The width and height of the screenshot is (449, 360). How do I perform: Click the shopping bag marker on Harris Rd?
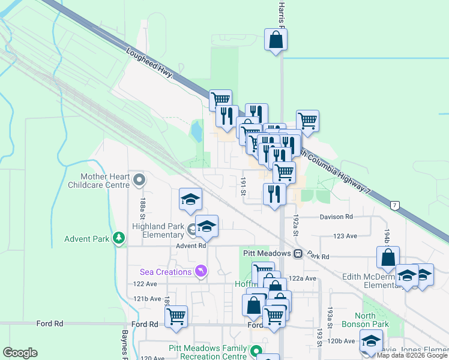pyautogui.click(x=276, y=40)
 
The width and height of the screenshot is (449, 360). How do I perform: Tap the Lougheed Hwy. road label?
pyautogui.click(x=150, y=63)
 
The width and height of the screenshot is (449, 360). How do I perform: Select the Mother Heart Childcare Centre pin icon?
pyautogui.click(x=139, y=179)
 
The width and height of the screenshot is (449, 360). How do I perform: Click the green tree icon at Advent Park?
pyautogui.click(x=119, y=239)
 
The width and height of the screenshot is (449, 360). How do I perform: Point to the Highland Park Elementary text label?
pyautogui.click(x=158, y=230)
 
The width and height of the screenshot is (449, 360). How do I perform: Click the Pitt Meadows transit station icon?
pyautogui.click(x=298, y=254)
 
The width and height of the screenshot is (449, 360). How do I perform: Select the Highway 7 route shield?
pyautogui.click(x=394, y=206)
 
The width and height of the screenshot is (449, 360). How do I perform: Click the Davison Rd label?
pyautogui.click(x=336, y=217)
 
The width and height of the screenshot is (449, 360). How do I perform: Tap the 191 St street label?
pyautogui.click(x=244, y=186)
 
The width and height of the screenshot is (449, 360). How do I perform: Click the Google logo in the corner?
pyautogui.click(x=20, y=353)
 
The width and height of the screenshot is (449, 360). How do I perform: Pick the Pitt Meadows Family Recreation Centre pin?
pyautogui.click(x=256, y=351)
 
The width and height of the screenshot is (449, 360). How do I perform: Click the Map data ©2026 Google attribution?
pyautogui.click(x=412, y=355)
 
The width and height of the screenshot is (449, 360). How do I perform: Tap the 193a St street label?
pyautogui.click(x=330, y=313)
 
